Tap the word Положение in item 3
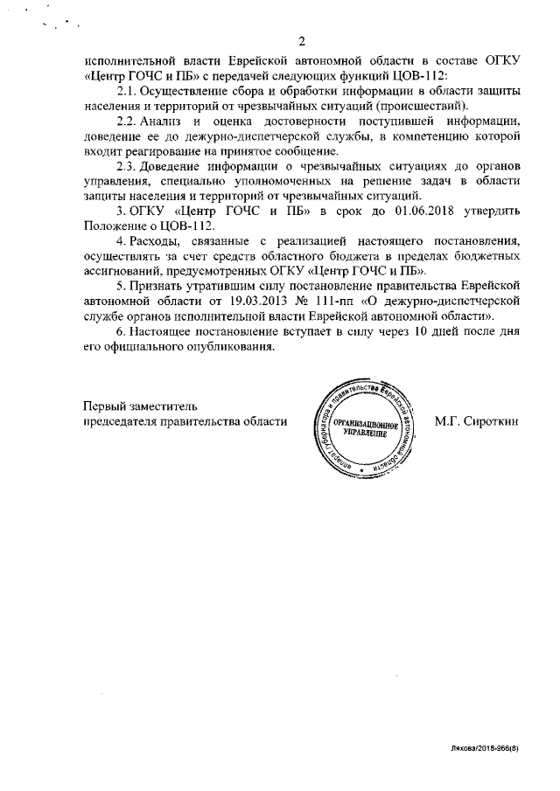coord(115,226)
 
